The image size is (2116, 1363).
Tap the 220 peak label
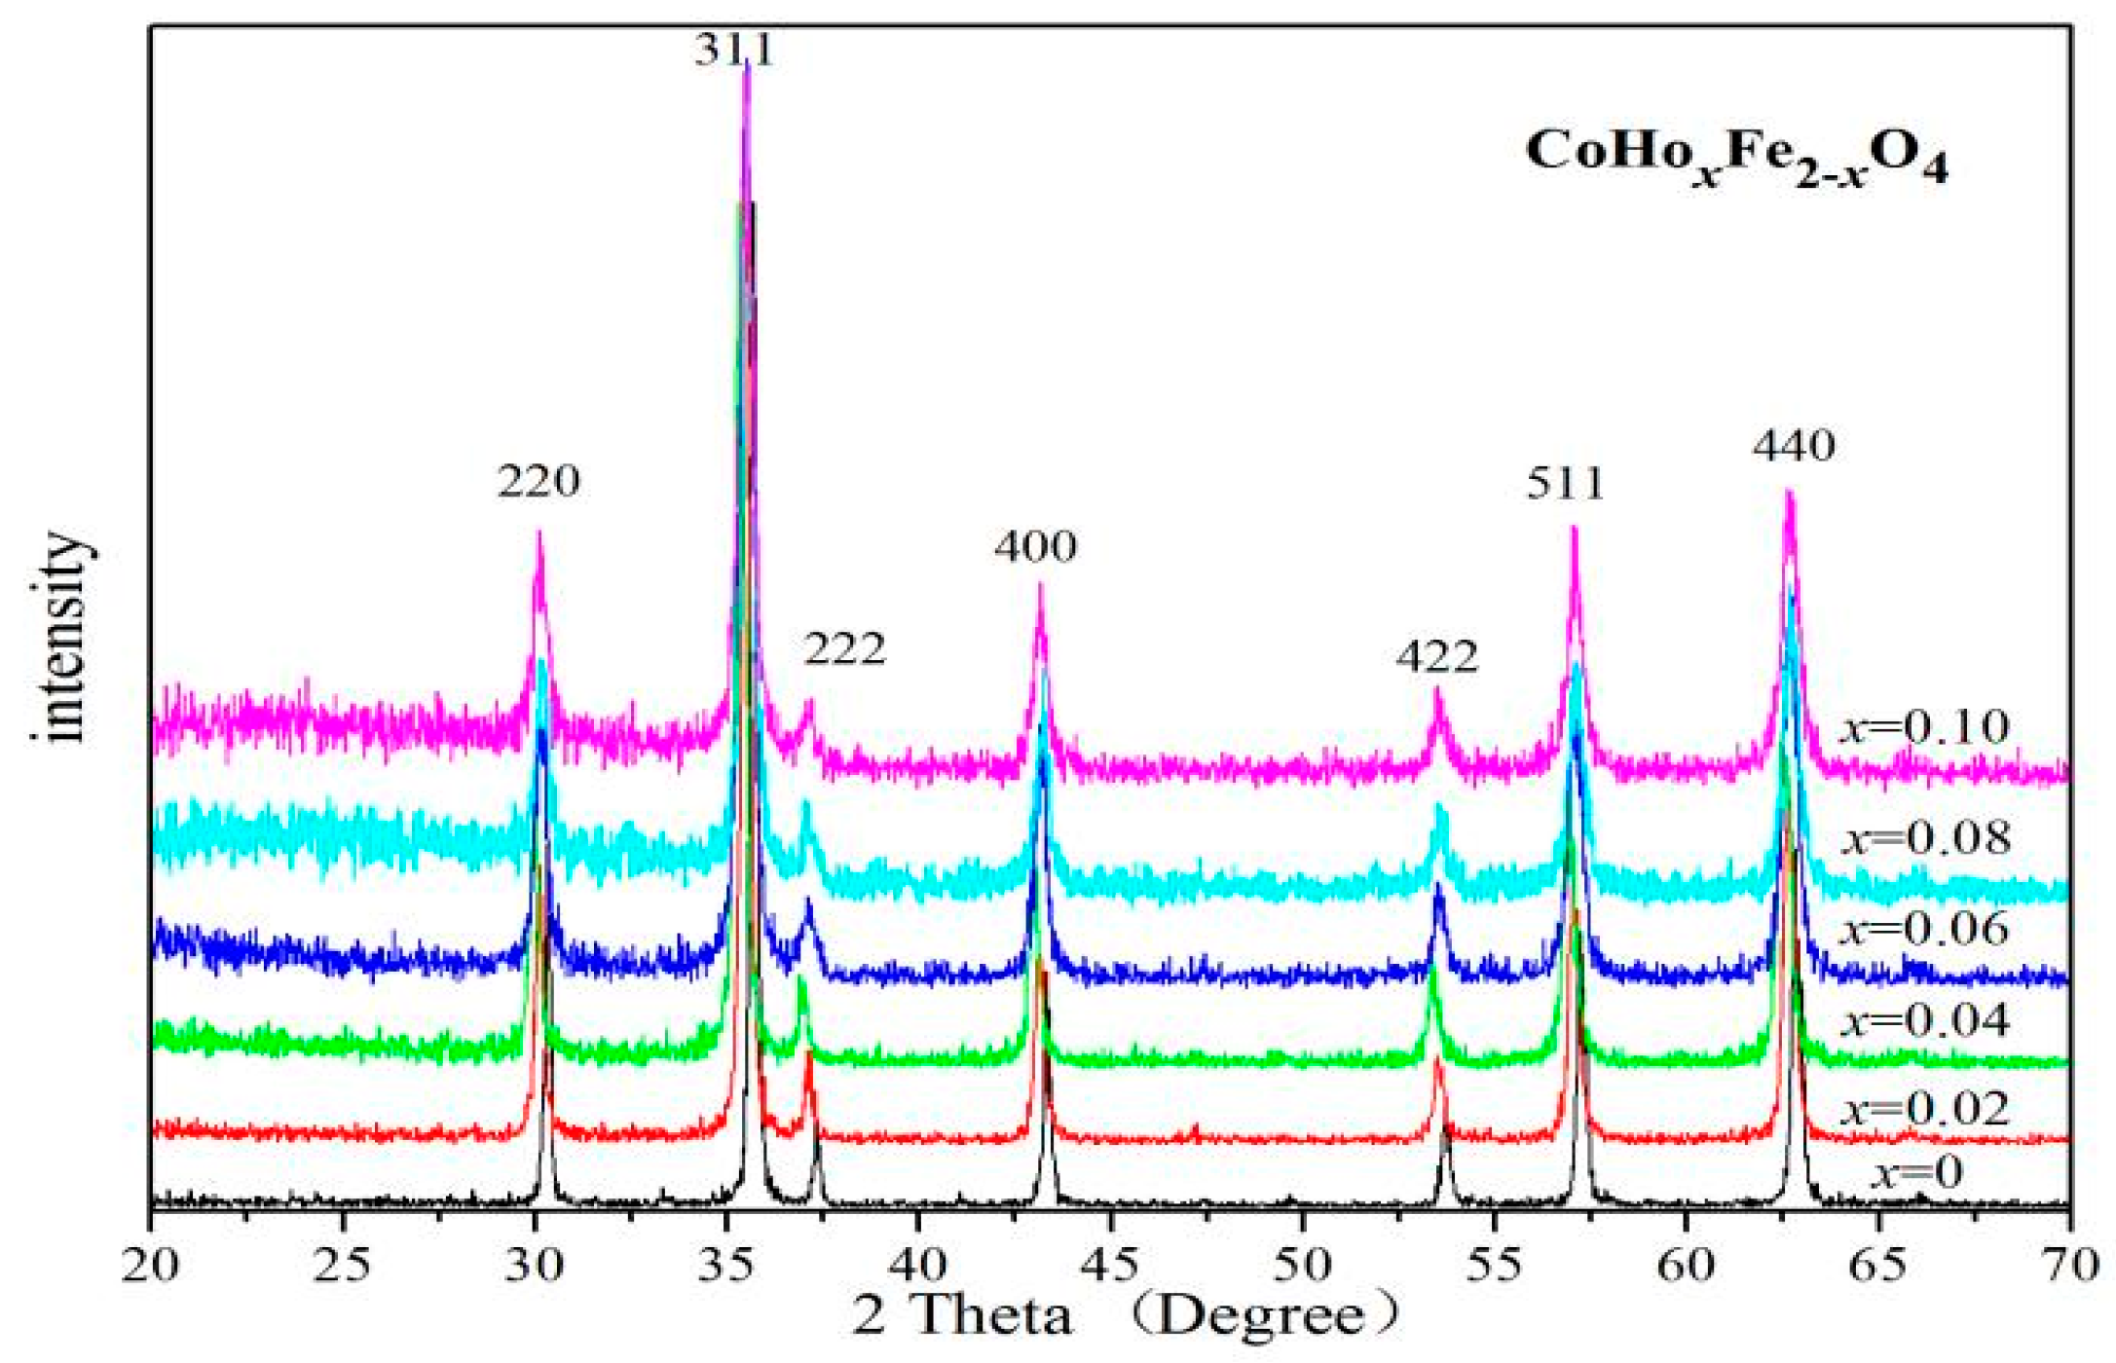[x=538, y=482]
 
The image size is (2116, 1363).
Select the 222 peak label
[x=844, y=649]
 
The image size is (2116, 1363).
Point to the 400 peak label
[x=1035, y=547]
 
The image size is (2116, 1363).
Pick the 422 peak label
[x=1437, y=657]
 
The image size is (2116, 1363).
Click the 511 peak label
[x=1565, y=484]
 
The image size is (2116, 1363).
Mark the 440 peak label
[x=1794, y=447]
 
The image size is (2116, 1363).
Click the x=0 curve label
[x=1915, y=1172]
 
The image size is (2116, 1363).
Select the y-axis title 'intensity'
[x=66, y=639]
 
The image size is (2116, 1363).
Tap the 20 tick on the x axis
[x=151, y=1266]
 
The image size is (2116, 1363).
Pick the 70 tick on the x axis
[x=2068, y=1266]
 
